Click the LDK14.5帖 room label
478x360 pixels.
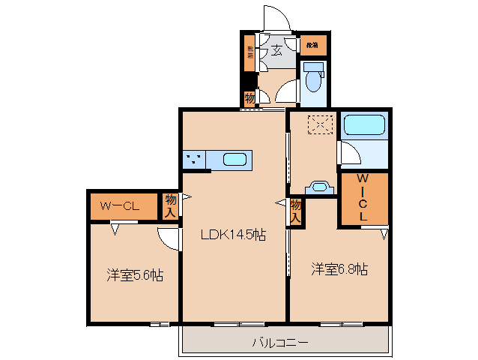point(233,235)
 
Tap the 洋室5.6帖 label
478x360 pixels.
point(134,274)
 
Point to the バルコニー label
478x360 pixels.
point(279,343)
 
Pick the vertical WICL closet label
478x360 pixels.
point(363,197)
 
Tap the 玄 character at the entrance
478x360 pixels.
point(276,51)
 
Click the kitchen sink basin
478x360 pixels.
point(235,160)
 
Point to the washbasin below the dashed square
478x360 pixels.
point(321,187)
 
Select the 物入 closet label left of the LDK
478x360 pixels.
point(172,205)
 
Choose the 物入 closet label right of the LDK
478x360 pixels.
point(296,210)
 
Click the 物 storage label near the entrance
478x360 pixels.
point(249,97)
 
